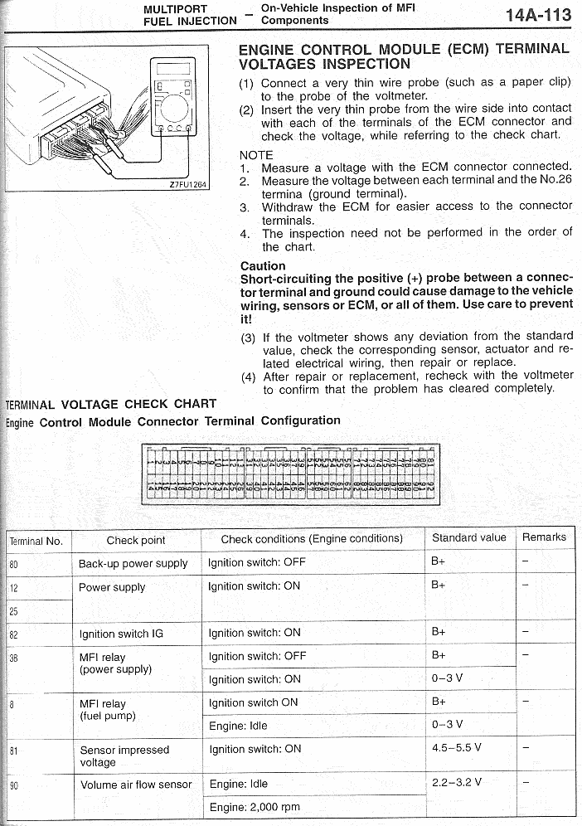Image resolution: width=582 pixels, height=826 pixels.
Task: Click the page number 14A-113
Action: coord(538,15)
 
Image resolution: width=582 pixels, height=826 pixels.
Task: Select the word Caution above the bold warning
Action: coord(262,266)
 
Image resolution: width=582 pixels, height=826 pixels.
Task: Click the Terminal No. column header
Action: coord(36,541)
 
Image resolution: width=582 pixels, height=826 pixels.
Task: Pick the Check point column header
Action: coord(136,540)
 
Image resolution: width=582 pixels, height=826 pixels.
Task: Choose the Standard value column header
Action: coord(468,537)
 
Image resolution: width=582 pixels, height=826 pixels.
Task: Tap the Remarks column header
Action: coord(544,537)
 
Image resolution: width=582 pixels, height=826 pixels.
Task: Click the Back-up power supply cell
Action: coord(133,563)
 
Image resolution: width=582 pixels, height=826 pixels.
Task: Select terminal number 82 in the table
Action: coord(14,634)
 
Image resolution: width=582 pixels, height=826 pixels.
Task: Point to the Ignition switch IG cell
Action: coord(121,634)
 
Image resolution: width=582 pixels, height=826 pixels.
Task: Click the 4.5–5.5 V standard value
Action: coord(456,747)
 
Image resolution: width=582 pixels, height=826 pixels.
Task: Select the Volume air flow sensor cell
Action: coord(136,784)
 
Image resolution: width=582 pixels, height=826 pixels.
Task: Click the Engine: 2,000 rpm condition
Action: coord(255,807)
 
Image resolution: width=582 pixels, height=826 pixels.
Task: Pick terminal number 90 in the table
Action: coord(14,785)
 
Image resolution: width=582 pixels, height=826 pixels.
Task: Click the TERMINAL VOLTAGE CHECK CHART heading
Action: coord(110,404)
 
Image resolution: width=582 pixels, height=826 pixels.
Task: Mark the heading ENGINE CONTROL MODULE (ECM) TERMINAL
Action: coord(404,49)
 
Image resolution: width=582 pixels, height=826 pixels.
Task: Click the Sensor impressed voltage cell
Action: coord(124,756)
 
